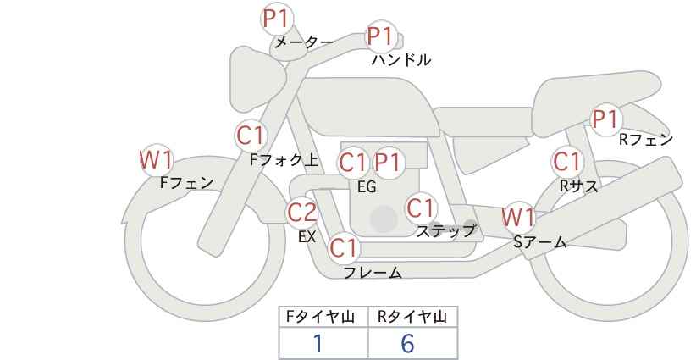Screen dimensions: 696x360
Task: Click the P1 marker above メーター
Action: tap(278, 19)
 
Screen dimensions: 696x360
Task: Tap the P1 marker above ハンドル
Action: tap(381, 36)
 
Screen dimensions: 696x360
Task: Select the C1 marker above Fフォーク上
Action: tap(251, 136)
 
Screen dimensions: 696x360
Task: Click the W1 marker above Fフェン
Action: tap(156, 160)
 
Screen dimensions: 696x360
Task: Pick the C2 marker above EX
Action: tap(302, 212)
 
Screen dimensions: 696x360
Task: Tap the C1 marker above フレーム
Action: tap(344, 247)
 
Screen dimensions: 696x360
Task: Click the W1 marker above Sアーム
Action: tap(517, 218)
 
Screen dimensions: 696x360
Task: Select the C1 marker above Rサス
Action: tap(567, 162)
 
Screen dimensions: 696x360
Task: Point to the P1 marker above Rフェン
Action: tap(605, 119)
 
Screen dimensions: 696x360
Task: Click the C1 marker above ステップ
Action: tap(422, 208)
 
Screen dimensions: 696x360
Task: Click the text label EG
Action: tap(367, 187)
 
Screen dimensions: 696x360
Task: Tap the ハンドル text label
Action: tap(401, 60)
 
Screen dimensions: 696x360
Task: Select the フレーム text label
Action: tap(373, 272)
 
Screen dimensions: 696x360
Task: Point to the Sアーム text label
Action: tap(539, 242)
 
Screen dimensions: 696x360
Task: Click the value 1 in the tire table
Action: tap(318, 343)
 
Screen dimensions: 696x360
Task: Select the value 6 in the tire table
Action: tap(407, 343)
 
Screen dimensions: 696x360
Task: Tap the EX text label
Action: tap(307, 236)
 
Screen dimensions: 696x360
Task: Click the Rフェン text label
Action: tap(646, 140)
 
